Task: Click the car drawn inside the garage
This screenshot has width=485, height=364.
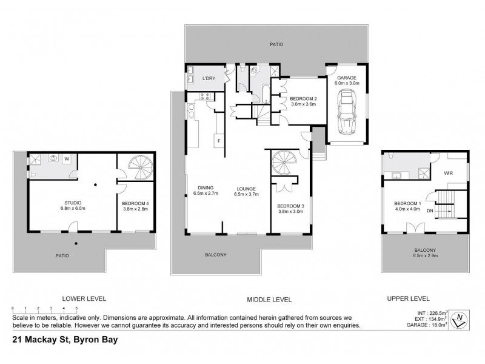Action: click(346, 113)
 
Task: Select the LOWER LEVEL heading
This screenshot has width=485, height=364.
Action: click(84, 298)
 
